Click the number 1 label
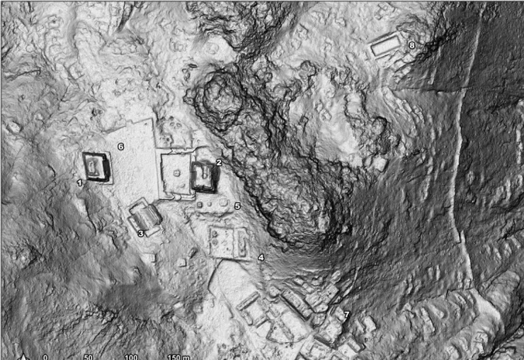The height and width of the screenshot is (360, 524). (80, 183)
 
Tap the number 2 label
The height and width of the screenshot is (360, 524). (219, 162)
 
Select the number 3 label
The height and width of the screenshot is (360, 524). (140, 232)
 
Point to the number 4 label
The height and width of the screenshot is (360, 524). (261, 257)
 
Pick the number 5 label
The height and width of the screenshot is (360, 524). (237, 206)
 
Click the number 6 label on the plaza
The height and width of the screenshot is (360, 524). (120, 147)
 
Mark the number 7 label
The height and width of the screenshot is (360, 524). (346, 313)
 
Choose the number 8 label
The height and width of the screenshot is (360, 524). (411, 45)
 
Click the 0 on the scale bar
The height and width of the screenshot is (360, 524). (45, 356)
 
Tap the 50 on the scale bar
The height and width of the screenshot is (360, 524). (88, 356)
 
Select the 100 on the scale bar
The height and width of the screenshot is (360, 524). (131, 356)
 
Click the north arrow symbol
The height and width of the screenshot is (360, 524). (23, 356)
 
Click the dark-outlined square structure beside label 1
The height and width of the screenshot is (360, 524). (96, 167)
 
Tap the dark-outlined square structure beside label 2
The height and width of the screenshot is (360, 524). (203, 176)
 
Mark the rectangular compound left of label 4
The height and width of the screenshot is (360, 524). (228, 242)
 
